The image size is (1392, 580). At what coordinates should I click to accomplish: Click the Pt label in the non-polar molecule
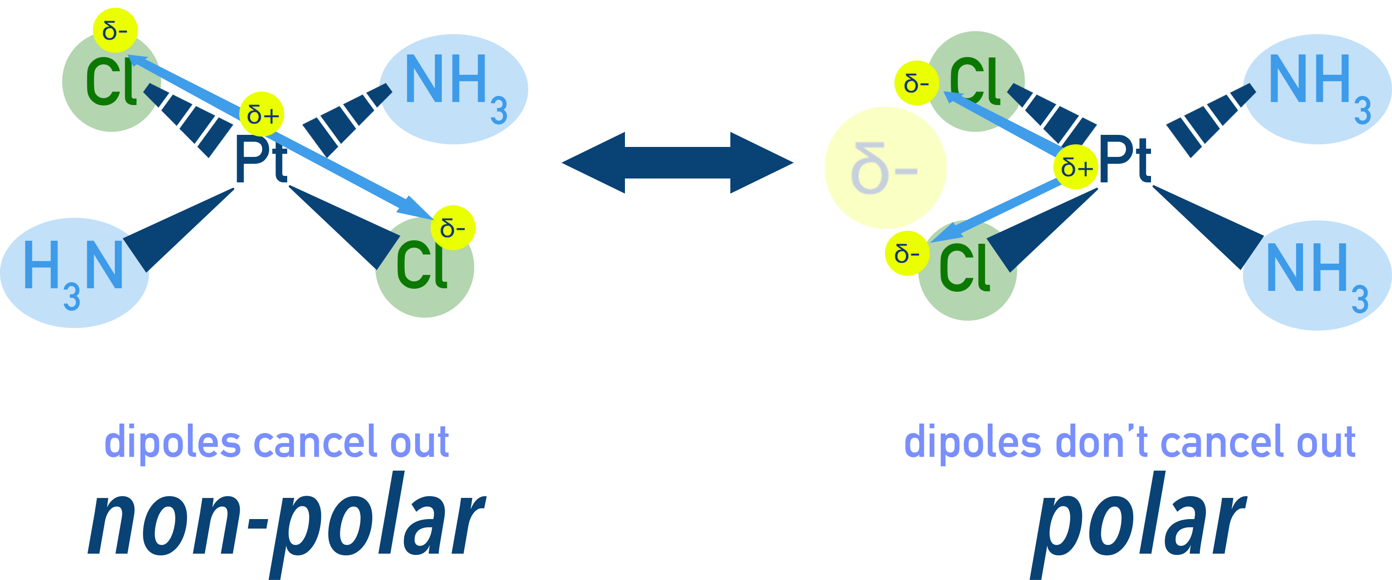tap(260, 160)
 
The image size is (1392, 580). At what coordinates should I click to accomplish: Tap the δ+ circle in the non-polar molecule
tap(262, 114)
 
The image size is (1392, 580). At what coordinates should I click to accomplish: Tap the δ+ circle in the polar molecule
tap(1076, 167)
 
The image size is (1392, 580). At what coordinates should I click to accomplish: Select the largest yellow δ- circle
tap(885, 168)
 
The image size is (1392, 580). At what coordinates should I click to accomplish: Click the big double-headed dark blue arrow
tap(678, 162)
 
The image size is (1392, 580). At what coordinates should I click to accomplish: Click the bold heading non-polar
tap(286, 522)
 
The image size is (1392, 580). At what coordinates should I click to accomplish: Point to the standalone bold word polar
tap(1140, 522)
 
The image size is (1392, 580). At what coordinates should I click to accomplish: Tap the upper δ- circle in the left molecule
tap(115, 30)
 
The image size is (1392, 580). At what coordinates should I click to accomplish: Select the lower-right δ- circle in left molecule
tap(453, 228)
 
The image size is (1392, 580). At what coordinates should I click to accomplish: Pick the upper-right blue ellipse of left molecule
tap(454, 89)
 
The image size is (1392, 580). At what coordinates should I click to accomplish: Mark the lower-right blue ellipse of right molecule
tap(1319, 276)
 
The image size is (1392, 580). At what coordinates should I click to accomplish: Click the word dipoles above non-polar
tap(172, 443)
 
